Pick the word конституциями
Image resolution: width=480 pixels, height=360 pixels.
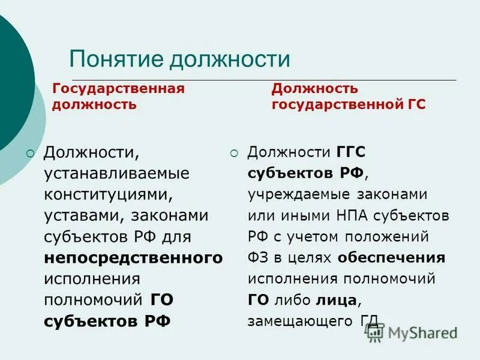(112, 194)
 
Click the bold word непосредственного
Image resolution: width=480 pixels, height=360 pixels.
(133, 258)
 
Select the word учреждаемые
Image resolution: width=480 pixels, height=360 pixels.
(293, 195)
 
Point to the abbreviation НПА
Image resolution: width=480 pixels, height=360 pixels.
(349, 215)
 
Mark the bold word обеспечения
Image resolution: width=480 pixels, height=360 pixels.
(391, 258)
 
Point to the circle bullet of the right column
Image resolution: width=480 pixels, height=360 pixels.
(235, 153)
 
